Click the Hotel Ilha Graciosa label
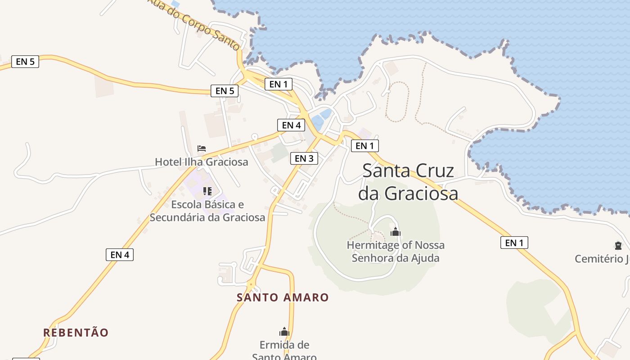pyautogui.click(x=201, y=162)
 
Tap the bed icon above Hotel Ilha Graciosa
pyautogui.click(x=202, y=148)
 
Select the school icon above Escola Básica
pyautogui.click(x=207, y=191)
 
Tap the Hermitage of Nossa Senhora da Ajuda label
pyautogui.click(x=396, y=252)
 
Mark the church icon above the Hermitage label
pyautogui.click(x=396, y=232)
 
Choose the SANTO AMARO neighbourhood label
pyautogui.click(x=283, y=297)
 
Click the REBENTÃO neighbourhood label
pyautogui.click(x=76, y=333)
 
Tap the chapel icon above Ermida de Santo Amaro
pyautogui.click(x=284, y=332)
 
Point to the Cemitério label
pyautogui.click(x=602, y=259)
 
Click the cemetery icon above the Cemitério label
pyautogui.click(x=618, y=246)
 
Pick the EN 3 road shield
pyautogui.click(x=304, y=158)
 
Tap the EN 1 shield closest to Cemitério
pyautogui.click(x=514, y=243)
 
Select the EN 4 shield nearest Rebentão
pyautogui.click(x=120, y=255)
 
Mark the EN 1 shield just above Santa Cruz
pyautogui.click(x=364, y=146)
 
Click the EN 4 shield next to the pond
pyautogui.click(x=291, y=125)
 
